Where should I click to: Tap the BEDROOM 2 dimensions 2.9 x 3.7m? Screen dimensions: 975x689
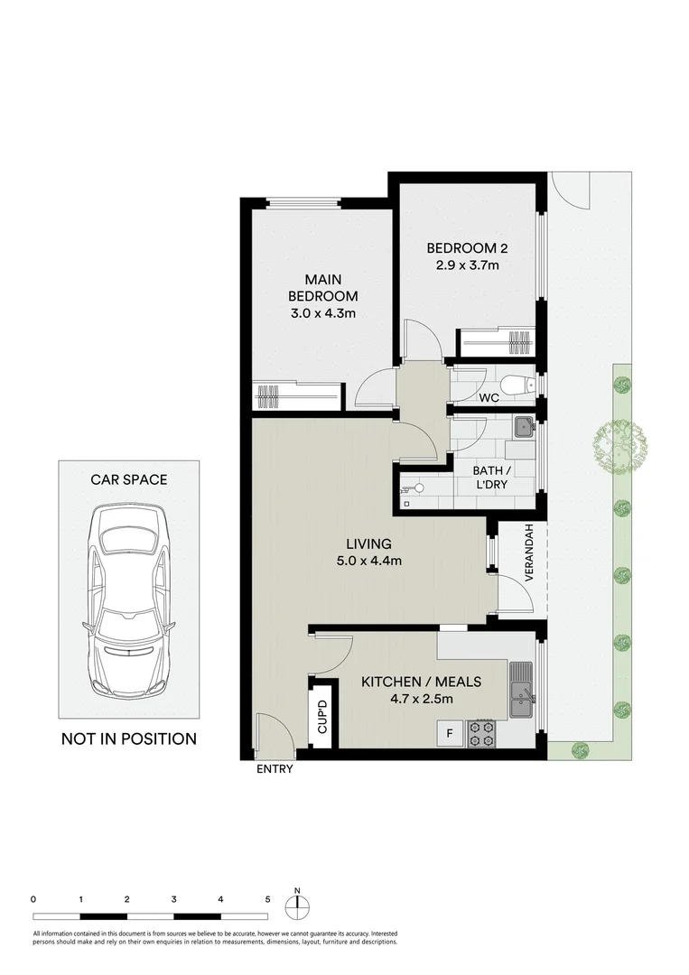click(462, 265)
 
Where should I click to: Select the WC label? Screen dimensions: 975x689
click(489, 397)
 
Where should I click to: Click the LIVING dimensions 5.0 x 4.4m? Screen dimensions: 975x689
click(368, 561)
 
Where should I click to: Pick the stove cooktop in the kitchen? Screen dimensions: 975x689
click(481, 734)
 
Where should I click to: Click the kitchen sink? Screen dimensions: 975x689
click(521, 688)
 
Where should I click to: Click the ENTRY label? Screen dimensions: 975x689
click(275, 770)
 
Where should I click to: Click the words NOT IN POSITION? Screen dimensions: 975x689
click(128, 738)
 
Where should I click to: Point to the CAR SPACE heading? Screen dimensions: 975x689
click(128, 479)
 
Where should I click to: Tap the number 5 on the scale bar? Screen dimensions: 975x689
click(267, 899)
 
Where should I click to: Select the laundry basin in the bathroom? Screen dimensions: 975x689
click(522, 427)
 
